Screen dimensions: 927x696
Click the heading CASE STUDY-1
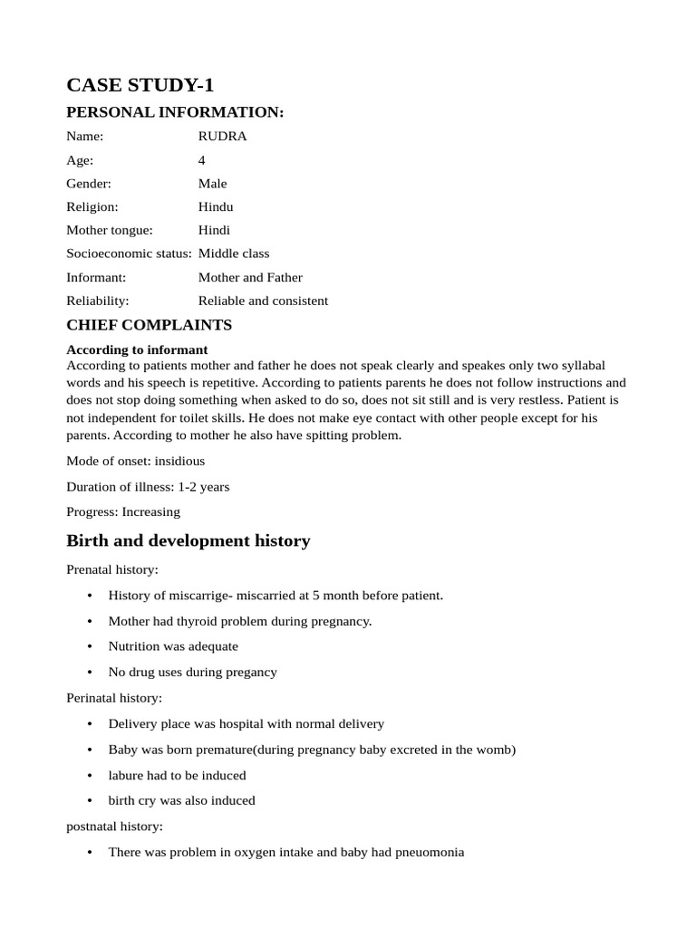140,85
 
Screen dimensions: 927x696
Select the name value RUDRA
222,137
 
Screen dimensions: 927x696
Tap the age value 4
202,160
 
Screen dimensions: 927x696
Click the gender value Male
213,184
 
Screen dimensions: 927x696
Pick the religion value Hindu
216,207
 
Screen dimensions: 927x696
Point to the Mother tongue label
110,231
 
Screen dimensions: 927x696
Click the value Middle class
234,254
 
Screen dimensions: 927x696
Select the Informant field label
96,278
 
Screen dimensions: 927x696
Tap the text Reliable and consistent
263,301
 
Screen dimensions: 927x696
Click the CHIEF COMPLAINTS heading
149,325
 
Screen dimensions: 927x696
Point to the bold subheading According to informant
137,349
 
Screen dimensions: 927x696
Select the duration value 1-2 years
204,487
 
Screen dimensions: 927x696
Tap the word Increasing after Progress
151,512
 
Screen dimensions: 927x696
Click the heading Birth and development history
188,541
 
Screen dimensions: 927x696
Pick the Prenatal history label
112,570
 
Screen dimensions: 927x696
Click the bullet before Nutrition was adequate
90,647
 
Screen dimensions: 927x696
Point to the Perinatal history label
114,699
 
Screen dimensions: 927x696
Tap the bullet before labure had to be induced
90,776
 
